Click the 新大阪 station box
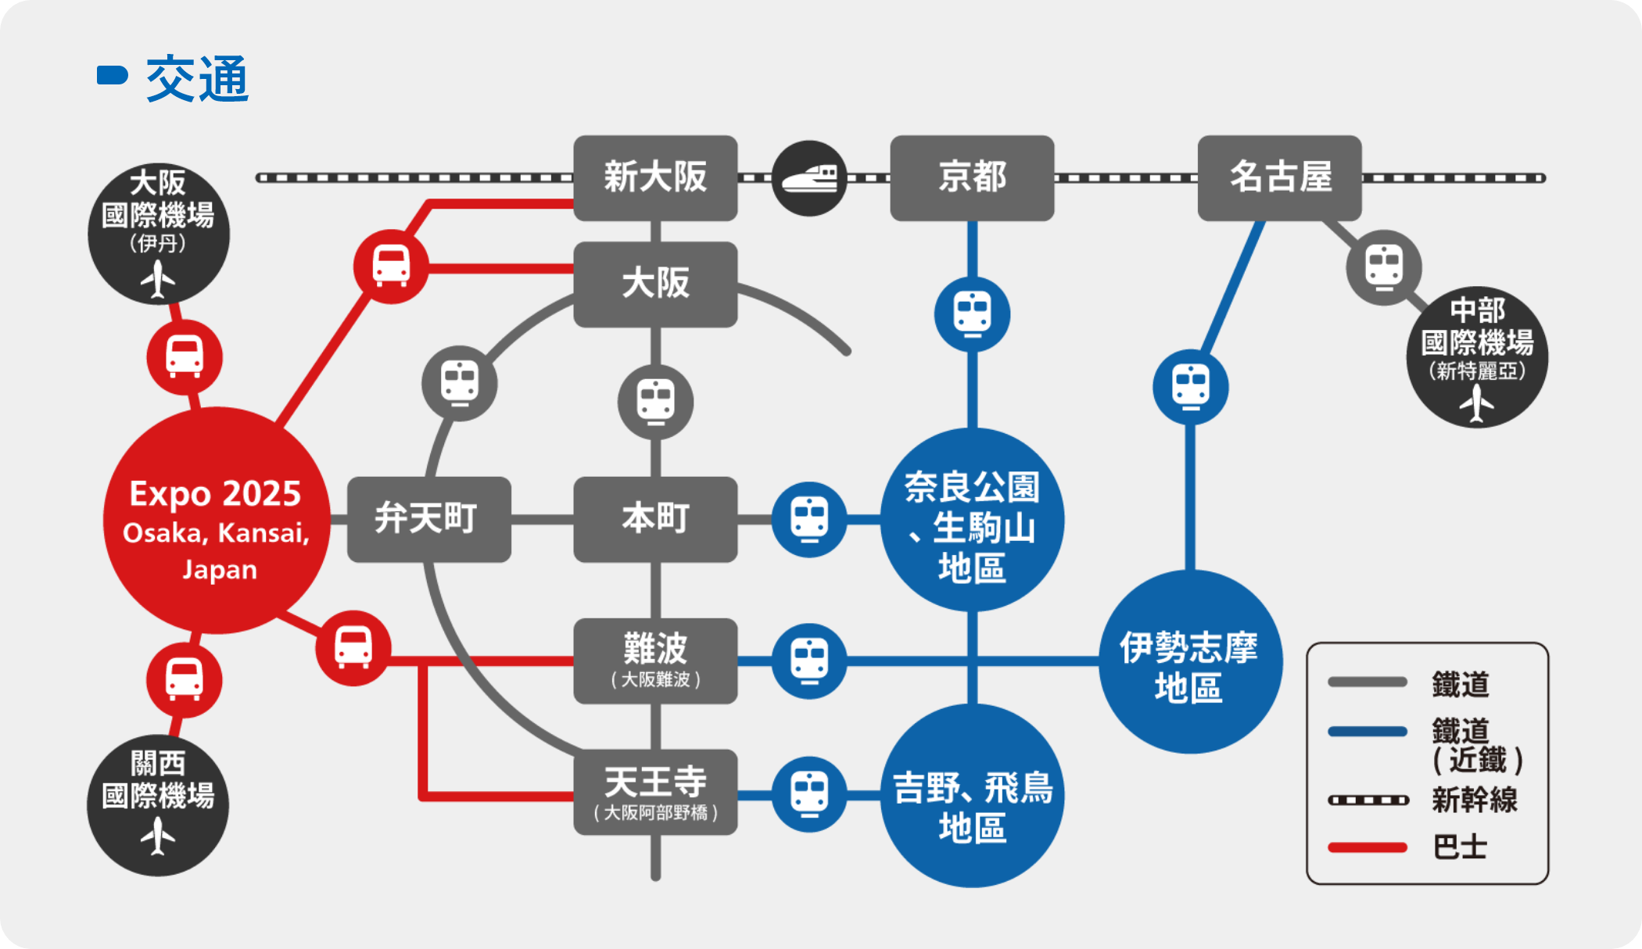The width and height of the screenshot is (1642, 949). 655,177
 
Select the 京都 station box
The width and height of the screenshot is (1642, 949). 972,177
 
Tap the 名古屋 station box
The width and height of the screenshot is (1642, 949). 1279,177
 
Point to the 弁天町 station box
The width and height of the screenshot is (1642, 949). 428,519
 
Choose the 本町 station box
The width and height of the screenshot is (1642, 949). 655,519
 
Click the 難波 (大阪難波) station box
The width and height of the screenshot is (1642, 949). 655,661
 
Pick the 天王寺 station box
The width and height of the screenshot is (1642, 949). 655,792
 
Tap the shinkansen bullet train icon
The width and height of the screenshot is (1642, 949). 809,178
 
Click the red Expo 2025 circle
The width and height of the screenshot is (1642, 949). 217,520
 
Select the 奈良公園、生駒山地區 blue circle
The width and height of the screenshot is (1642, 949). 972,520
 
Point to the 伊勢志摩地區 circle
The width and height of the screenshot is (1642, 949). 1190,662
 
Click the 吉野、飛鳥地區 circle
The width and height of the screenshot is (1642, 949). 972,796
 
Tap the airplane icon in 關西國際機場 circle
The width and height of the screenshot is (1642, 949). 158,836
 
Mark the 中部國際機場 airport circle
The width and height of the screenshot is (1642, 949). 1477,356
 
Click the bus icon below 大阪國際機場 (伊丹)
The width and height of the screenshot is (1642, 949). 185,357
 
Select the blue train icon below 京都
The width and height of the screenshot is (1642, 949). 972,314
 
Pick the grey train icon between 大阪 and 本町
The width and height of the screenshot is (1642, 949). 655,402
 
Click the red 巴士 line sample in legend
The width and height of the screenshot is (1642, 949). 1367,847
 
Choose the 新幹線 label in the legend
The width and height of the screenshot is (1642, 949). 1474,800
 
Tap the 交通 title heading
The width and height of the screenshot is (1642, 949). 197,78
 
